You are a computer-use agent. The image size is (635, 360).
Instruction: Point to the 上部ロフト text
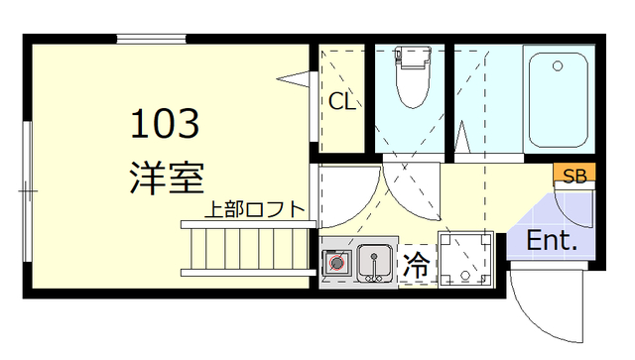point(255,209)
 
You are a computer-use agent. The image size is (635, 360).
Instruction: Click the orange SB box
point(573,176)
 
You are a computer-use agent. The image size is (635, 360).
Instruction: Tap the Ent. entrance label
point(552,240)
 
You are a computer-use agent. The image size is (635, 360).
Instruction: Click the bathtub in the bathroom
point(561,99)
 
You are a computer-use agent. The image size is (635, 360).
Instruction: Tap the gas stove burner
point(337,263)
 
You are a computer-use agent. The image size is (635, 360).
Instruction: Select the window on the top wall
point(154,40)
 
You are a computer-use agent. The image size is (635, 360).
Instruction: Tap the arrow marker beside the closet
point(295,75)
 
